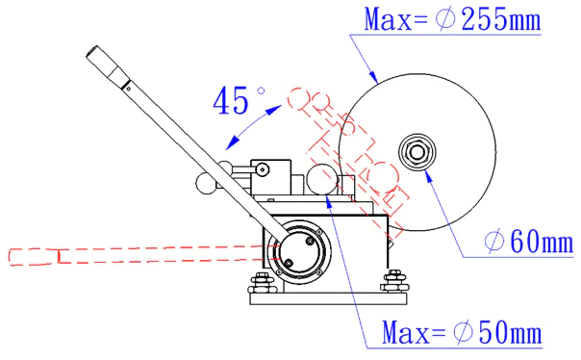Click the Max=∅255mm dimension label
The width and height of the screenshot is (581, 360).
452,18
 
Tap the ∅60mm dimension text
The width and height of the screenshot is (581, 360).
529,242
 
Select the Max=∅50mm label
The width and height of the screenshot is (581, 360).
462,332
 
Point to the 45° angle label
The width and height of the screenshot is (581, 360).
239,100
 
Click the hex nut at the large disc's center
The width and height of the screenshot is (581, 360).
417,152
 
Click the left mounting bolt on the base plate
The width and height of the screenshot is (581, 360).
262,283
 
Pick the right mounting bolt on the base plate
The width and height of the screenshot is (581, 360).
395,281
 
